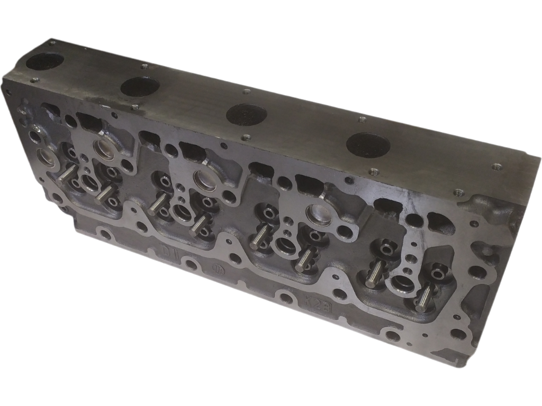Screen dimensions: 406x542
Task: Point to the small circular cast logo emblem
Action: pyautogui.click(x=217, y=269)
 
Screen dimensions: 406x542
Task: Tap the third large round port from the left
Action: pyautogui.click(x=246, y=113)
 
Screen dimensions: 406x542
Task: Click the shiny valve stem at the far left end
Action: pyautogui.click(x=67, y=172)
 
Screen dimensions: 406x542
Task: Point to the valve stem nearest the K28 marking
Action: pyautogui.click(x=304, y=260)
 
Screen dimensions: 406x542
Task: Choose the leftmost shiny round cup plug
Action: pyautogui.click(x=45, y=157)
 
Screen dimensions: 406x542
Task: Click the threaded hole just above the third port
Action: pyautogui.click(x=246, y=92)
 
